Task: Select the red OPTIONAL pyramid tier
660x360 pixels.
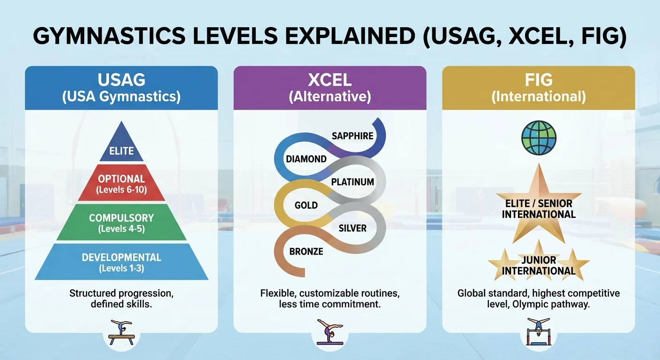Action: tap(121, 183)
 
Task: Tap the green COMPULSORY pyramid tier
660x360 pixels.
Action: tap(121, 223)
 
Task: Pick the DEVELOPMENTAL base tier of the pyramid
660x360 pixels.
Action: tap(121, 262)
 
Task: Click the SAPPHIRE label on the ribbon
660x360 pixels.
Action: tap(352, 136)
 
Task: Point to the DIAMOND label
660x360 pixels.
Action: tap(306, 159)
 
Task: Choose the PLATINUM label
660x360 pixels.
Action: tap(352, 182)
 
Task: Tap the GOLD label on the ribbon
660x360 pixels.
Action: tap(306, 205)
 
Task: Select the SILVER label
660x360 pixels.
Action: tap(352, 228)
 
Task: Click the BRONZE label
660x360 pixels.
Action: tap(306, 251)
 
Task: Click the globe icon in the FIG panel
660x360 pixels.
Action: tap(539, 137)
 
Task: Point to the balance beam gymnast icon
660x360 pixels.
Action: tap(121, 333)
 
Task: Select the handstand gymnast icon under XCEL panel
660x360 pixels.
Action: tap(330, 332)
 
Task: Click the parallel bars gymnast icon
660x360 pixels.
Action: tap(539, 331)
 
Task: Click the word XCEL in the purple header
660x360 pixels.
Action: tap(330, 80)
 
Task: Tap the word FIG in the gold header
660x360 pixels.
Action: tap(539, 80)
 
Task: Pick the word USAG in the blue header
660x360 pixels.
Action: tap(121, 80)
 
